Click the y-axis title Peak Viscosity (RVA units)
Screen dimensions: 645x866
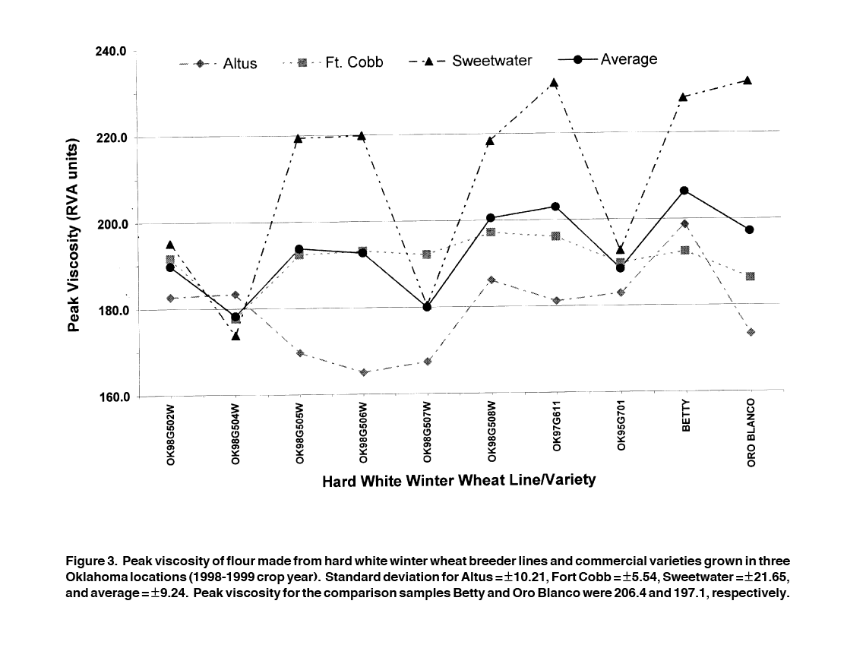pyautogui.click(x=74, y=236)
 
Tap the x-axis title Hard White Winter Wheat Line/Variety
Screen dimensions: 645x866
pyautogui.click(x=459, y=480)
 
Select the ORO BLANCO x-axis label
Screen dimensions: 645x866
pyautogui.click(x=751, y=432)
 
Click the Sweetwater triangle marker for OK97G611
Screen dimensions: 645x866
pyautogui.click(x=555, y=83)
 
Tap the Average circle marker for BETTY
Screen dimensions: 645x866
pyautogui.click(x=684, y=191)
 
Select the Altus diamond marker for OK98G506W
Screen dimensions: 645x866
pyautogui.click(x=364, y=372)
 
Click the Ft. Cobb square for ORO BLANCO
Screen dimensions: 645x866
pyautogui.click(x=751, y=277)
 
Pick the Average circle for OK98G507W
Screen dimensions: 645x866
pyautogui.click(x=427, y=307)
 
